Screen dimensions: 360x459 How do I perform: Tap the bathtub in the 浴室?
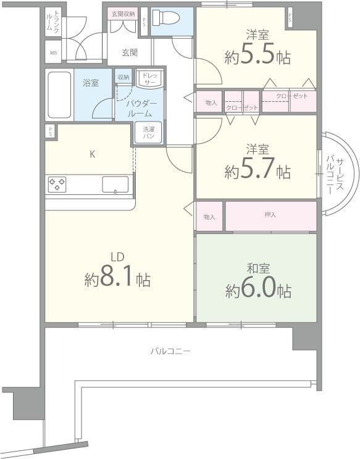pyautogui.click(x=59, y=94)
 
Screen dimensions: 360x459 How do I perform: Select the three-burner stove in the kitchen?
pyautogui.click(x=57, y=184)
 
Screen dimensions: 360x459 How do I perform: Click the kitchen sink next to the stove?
pyautogui.click(x=115, y=184)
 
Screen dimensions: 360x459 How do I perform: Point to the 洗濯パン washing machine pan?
pyautogui.click(x=149, y=132)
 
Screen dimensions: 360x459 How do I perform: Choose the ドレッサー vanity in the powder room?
pyautogui.click(x=150, y=79)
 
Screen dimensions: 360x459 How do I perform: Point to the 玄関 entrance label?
pyautogui.click(x=130, y=52)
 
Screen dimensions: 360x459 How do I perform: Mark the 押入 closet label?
pyautogui.click(x=270, y=215)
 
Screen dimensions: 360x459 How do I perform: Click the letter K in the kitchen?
pyautogui.click(x=92, y=154)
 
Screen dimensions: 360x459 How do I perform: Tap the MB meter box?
pyautogui.click(x=53, y=53)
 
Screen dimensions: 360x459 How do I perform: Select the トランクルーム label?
pyautogui.click(x=52, y=20)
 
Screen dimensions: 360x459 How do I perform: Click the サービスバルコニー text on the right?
pyautogui.click(x=335, y=175)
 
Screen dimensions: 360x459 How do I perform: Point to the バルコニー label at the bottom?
pyautogui.click(x=170, y=350)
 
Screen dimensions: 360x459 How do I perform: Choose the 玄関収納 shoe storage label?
pyautogui.click(x=123, y=14)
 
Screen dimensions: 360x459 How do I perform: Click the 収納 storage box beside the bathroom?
pyautogui.click(x=123, y=77)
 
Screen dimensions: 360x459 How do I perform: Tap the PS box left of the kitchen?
pyautogui.click(x=51, y=131)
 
